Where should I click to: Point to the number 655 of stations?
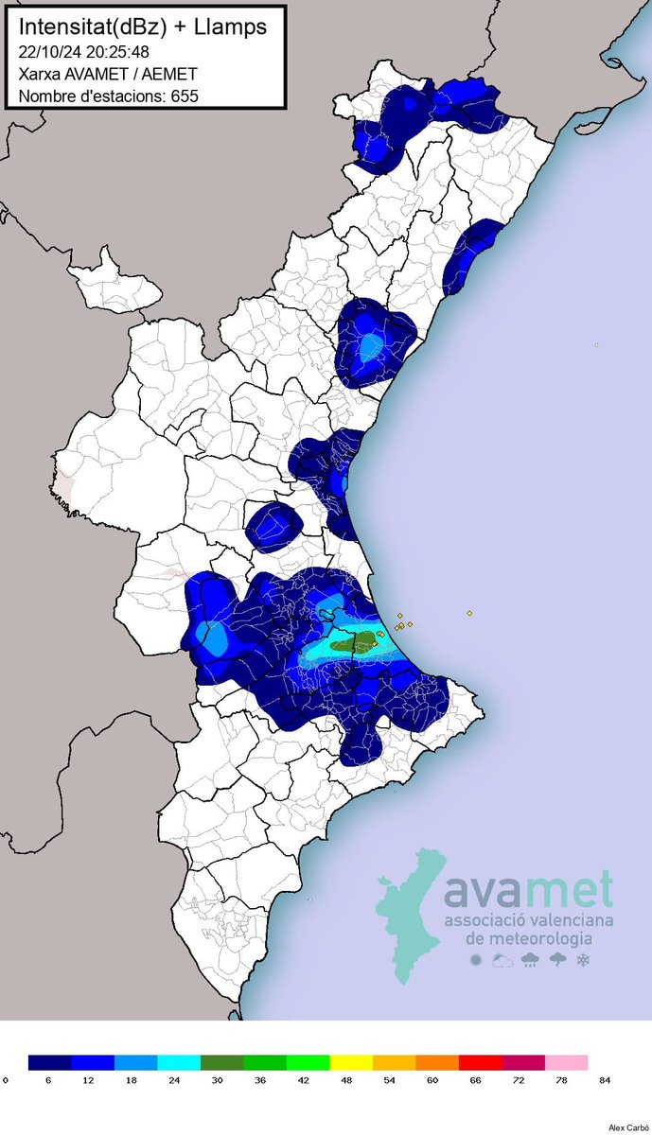(x=185, y=96)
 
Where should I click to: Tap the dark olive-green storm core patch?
(x=359, y=643)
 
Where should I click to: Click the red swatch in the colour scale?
(x=480, y=1062)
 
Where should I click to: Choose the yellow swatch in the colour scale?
(x=351, y=1062)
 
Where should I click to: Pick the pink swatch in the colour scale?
(x=566, y=1062)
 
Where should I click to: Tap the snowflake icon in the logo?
(x=584, y=961)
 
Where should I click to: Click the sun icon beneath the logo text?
(x=475, y=961)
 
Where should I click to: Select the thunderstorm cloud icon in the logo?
(x=557, y=961)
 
